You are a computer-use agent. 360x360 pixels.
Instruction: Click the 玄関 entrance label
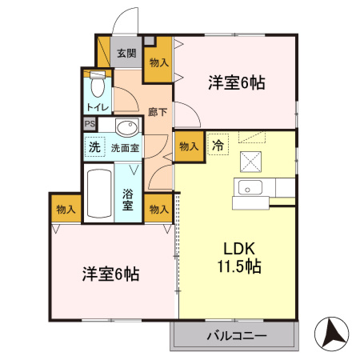126,54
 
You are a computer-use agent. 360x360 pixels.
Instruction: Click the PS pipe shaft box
90,124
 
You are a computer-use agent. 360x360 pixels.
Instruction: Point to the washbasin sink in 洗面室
126,126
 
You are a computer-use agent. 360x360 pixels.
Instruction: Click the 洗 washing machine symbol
94,147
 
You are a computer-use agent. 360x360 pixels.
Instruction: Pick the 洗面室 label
125,148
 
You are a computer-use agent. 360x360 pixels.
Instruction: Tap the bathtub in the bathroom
98,194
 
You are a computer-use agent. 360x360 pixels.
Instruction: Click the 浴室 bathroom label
128,200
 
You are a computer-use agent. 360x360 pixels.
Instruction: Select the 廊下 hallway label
158,112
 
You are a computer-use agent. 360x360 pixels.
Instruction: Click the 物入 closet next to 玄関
158,62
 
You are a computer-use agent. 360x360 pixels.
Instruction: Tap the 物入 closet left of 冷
188,147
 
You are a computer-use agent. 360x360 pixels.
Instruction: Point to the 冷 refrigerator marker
217,146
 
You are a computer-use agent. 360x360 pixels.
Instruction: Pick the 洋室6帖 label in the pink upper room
238,82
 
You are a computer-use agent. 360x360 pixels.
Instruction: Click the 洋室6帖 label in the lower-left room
111,274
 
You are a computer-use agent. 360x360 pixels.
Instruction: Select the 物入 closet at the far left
66,210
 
